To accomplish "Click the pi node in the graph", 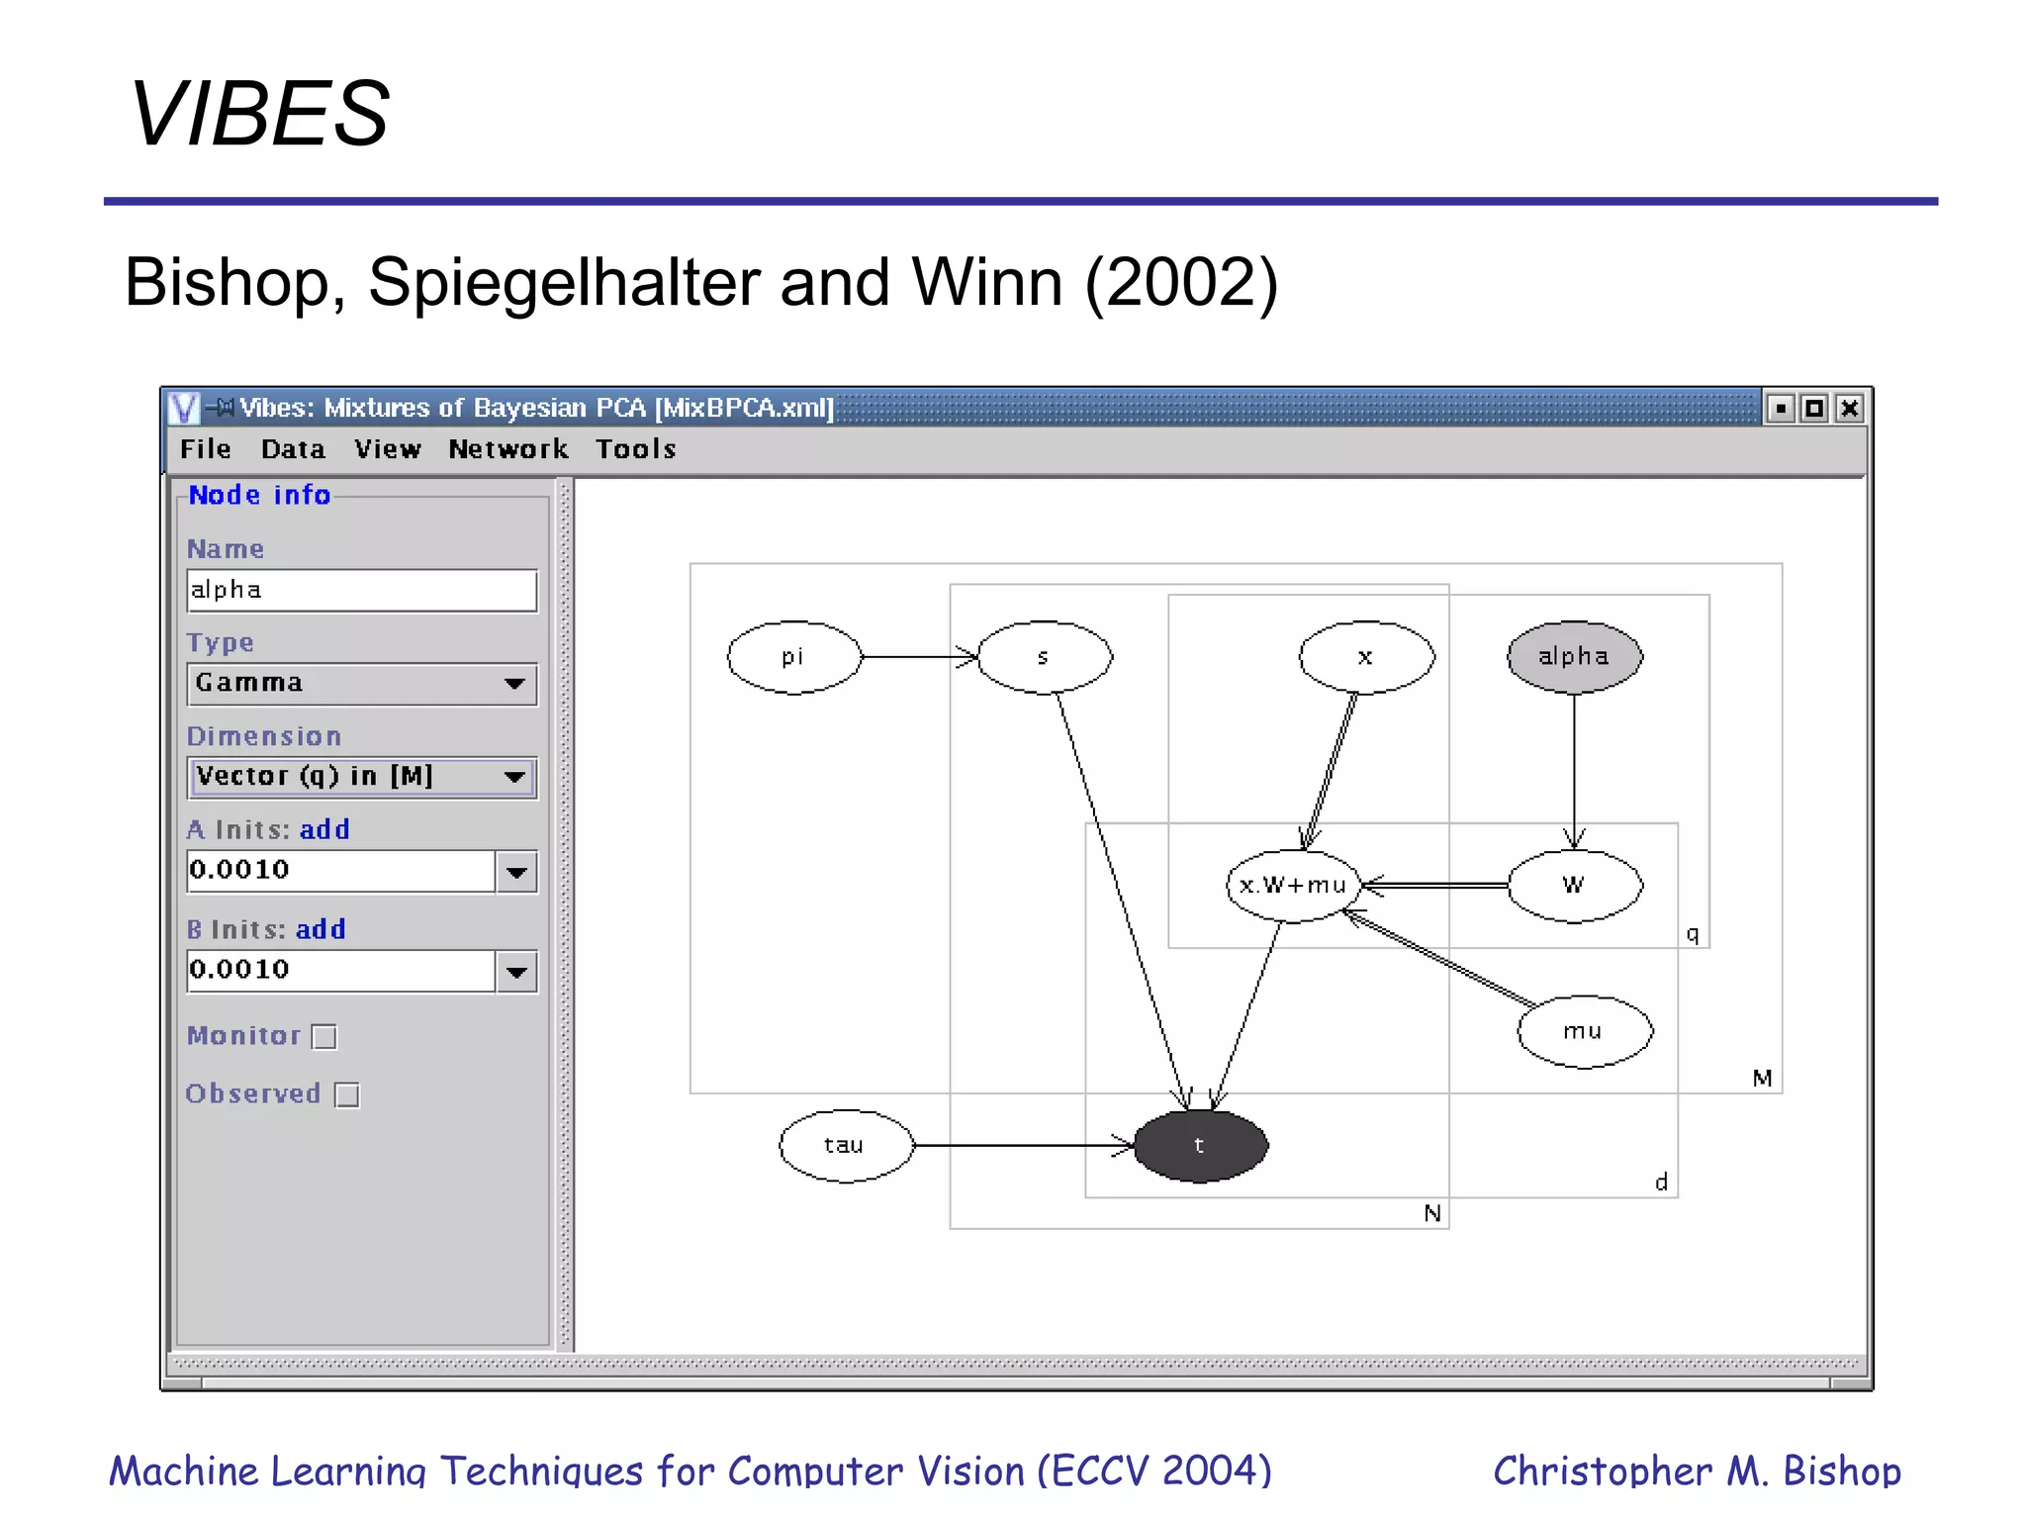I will coord(793,657).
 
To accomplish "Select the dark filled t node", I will coord(1200,1146).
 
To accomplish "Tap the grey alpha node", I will coord(1573,657).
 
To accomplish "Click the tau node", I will coord(845,1146).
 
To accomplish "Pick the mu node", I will coord(1584,1032).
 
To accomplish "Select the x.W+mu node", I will coord(1293,886).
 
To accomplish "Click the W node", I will coord(1574,886).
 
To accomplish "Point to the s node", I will coord(1044,657).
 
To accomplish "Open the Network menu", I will coord(508,449).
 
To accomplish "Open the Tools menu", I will coord(635,449).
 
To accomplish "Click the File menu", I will coord(206,449).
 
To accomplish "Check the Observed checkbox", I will coord(347,1095).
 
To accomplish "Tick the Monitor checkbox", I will coord(324,1037).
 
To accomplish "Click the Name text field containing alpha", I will coord(361,591).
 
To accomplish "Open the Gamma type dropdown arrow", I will coord(514,684).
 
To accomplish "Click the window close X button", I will coord(1849,408).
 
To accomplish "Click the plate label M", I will coord(1762,1078).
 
